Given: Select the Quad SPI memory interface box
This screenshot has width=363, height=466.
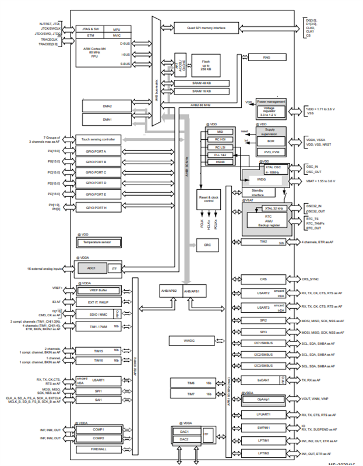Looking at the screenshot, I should click(206, 27).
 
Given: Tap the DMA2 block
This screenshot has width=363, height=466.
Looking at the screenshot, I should click(107, 106).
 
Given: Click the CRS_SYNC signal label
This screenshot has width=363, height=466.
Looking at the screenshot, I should click(315, 279).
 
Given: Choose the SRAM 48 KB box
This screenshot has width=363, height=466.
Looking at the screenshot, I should click(202, 83).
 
